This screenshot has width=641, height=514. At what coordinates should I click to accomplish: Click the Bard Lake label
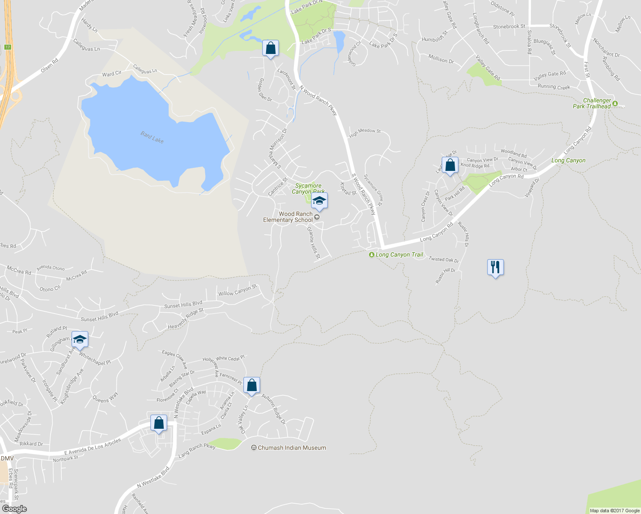[152, 137]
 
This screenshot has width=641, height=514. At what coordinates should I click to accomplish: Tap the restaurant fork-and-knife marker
[495, 267]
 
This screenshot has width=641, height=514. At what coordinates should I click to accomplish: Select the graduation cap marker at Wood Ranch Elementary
[319, 200]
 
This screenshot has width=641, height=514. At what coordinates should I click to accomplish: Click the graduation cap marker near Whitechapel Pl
[80, 339]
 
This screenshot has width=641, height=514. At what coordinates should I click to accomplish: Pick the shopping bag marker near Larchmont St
[270, 48]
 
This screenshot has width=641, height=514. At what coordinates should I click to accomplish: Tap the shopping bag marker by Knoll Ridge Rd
[450, 165]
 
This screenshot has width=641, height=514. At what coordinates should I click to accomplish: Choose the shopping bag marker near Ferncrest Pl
[252, 385]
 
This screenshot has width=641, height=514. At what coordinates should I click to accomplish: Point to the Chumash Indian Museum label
[292, 448]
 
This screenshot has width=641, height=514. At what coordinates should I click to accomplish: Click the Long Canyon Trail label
[399, 254]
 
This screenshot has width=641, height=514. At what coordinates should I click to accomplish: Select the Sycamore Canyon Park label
[308, 188]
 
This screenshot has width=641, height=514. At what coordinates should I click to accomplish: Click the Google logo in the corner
[15, 508]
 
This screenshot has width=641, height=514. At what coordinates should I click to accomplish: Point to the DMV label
[7, 458]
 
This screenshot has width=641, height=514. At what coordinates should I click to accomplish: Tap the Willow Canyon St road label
[237, 290]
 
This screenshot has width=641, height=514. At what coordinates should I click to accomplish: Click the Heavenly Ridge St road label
[186, 319]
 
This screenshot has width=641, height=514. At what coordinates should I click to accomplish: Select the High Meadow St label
[365, 133]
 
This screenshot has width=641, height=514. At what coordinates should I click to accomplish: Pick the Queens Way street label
[105, 398]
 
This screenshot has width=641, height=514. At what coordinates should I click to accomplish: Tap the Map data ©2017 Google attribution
[614, 511]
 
